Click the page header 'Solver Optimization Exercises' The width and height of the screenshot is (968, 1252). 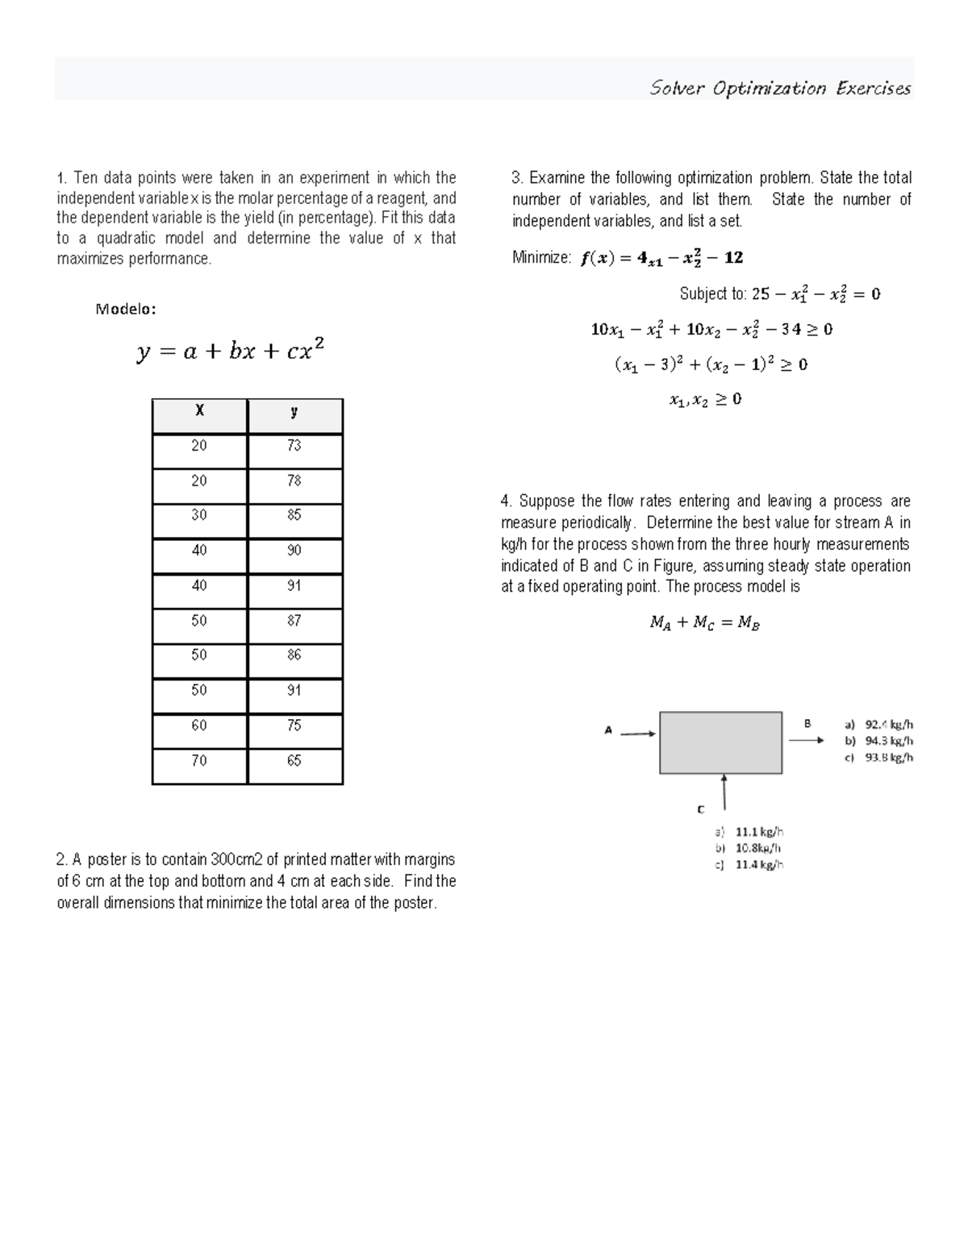(780, 89)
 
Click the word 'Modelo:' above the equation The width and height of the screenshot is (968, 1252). (126, 309)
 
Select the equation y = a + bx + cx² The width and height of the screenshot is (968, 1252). (231, 351)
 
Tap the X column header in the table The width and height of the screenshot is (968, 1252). (199, 411)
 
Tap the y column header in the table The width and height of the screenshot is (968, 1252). (294, 411)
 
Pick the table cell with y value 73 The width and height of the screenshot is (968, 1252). (294, 446)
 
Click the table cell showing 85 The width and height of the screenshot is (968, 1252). (294, 515)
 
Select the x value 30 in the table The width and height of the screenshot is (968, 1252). (199, 515)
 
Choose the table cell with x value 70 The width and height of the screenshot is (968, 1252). (199, 761)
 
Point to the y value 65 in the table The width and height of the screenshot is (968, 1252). (294, 761)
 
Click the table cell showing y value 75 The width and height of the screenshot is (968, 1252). (294, 726)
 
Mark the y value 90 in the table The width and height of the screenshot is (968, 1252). (294, 551)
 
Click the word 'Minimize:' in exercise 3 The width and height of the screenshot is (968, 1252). (541, 258)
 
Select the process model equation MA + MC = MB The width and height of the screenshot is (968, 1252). (705, 623)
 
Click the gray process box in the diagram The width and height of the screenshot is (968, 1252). (720, 742)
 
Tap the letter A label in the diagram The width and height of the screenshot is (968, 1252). (609, 730)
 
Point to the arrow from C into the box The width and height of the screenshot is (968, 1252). (724, 792)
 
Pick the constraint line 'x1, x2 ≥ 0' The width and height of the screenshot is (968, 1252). (705, 400)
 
